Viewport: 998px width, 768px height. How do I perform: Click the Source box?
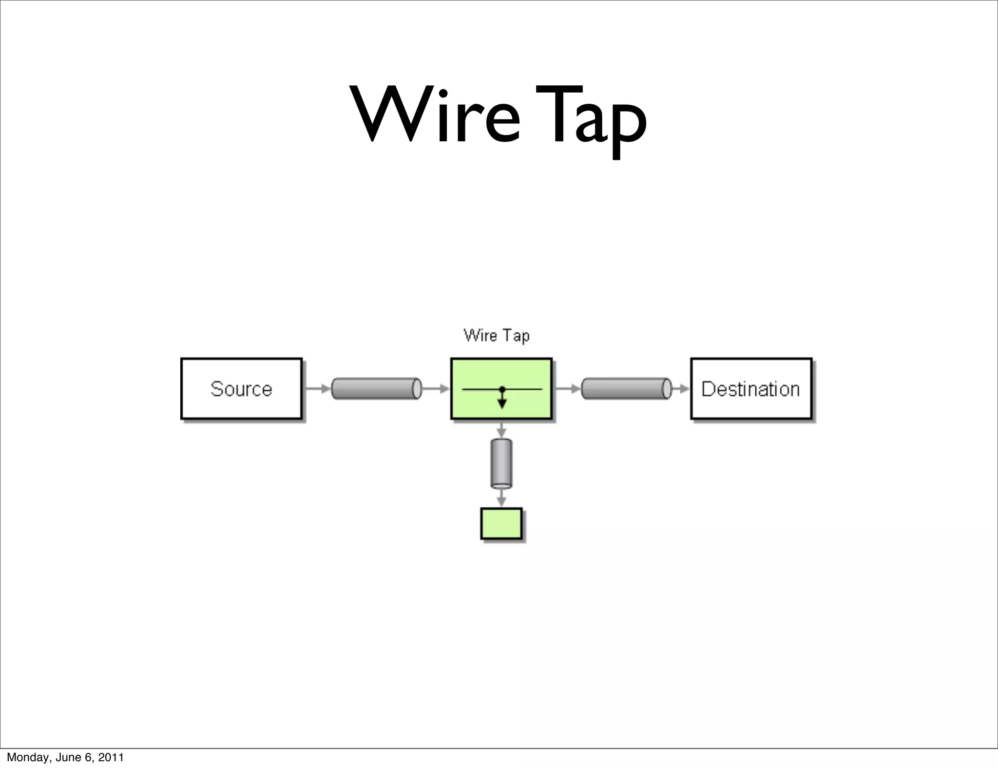(x=241, y=388)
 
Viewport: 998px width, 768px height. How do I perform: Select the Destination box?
(x=751, y=388)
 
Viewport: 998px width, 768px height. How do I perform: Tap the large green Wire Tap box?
(x=501, y=388)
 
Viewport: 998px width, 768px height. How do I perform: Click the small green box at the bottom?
(x=501, y=523)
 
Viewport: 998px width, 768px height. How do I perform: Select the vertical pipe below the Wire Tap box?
(x=501, y=463)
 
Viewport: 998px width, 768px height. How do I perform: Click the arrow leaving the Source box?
(x=318, y=388)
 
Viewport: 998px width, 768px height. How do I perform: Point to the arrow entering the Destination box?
(x=682, y=388)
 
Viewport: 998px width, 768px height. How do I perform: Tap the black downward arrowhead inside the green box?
(x=502, y=403)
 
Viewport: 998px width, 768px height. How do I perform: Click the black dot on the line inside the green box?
(x=502, y=389)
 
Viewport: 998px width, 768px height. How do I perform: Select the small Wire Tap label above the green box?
(x=496, y=335)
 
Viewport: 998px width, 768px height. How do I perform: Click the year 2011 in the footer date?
(x=110, y=757)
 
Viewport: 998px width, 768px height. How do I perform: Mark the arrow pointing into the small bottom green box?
(x=501, y=499)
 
